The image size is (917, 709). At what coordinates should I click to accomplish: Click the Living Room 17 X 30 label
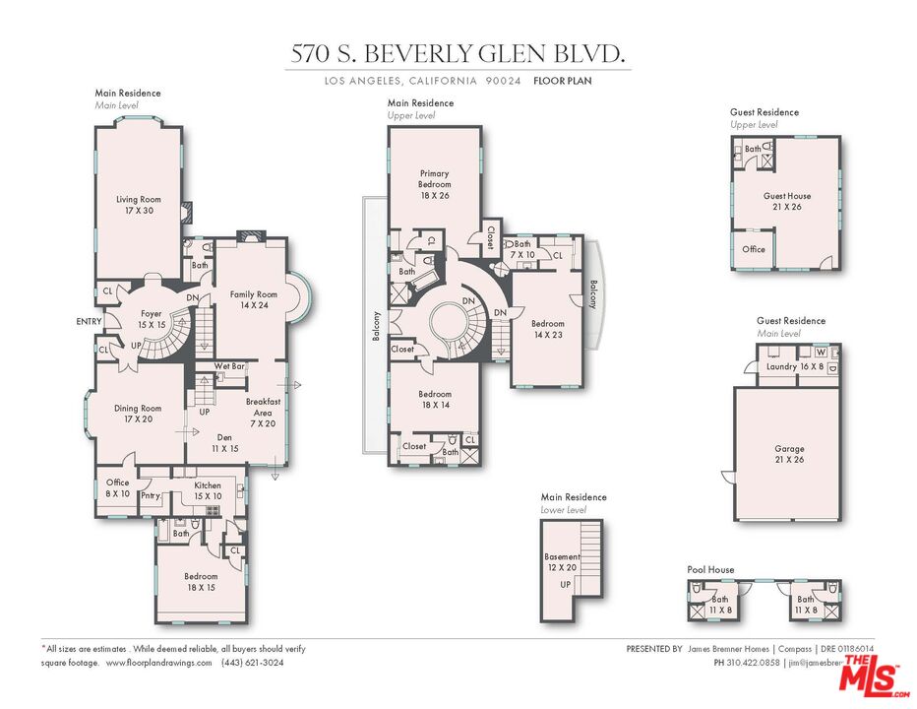(x=138, y=205)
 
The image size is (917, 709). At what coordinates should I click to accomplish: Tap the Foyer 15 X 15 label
(x=151, y=319)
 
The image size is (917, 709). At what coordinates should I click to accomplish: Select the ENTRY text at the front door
(x=89, y=321)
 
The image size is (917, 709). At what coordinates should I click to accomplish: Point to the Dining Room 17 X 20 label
(x=137, y=414)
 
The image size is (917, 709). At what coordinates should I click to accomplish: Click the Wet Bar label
(x=228, y=366)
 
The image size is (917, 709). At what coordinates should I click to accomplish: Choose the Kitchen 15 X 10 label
(x=207, y=490)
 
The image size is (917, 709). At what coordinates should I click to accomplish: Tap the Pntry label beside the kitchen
(x=151, y=495)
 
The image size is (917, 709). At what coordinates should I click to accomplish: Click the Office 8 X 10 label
(x=118, y=487)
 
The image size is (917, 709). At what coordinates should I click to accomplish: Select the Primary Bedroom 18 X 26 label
(x=434, y=184)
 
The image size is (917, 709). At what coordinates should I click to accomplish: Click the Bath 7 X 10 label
(x=521, y=249)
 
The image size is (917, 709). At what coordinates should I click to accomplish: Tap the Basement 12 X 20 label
(x=563, y=562)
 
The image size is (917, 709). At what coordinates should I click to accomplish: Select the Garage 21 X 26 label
(x=789, y=454)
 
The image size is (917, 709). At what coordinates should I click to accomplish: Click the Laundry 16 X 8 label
(x=790, y=367)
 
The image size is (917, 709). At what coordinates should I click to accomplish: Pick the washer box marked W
(x=820, y=352)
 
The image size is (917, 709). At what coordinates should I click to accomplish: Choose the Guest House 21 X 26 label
(x=787, y=201)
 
